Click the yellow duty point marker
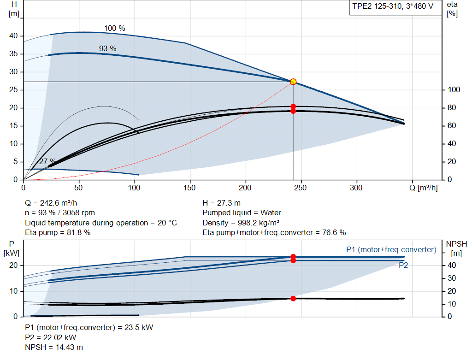tap(293, 82)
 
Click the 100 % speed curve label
tap(115, 28)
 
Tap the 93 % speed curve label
tap(108, 48)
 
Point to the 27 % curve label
tap(47, 161)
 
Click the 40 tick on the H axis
tap(13, 36)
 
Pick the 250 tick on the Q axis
tap(301, 188)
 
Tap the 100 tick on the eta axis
tap(454, 90)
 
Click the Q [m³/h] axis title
tap(424, 188)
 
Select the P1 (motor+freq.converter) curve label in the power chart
tap(391, 249)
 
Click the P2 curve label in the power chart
tap(403, 265)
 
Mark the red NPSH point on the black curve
tap(293, 299)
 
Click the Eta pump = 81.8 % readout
tap(58, 232)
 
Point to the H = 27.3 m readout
tap(222, 203)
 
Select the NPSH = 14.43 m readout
tap(54, 348)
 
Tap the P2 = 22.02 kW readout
tap(51, 337)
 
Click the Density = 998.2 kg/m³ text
tap(241, 223)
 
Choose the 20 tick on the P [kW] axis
tap(13, 266)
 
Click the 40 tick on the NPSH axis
tap(452, 266)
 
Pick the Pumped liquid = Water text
tap(242, 213)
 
